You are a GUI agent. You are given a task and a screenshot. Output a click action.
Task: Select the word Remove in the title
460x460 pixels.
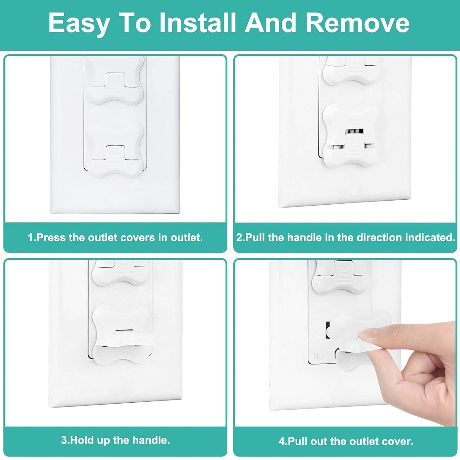click(357, 23)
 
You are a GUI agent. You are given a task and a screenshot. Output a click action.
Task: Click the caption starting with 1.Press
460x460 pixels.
click(115, 237)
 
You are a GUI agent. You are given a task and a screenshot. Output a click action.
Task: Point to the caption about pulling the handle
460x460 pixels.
click(345, 237)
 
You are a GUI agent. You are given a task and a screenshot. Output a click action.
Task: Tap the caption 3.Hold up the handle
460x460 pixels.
click(115, 440)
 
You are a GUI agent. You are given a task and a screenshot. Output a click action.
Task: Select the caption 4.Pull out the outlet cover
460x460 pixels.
click(346, 441)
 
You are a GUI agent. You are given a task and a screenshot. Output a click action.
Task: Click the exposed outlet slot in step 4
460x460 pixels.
click(327, 330)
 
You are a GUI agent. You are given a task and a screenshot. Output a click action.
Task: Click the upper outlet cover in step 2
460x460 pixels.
click(350, 72)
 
